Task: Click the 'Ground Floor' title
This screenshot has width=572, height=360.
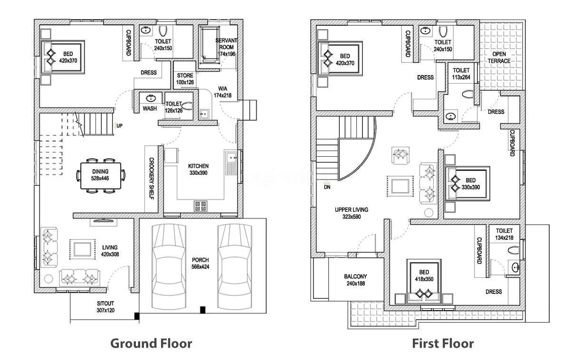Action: point(151,343)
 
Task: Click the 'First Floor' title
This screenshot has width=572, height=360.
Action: point(442,343)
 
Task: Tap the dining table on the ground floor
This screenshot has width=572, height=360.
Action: point(100,175)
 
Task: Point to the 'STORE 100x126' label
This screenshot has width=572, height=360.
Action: point(185,79)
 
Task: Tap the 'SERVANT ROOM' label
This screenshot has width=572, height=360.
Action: point(226,44)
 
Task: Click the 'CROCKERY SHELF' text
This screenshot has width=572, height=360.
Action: point(152,178)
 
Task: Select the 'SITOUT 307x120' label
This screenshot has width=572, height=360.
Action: point(106,307)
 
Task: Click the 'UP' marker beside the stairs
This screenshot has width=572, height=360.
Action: point(119,126)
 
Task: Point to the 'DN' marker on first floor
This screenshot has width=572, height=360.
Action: point(327,187)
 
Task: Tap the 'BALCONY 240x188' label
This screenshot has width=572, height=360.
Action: point(355,280)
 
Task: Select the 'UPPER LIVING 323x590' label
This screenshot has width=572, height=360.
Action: point(351,213)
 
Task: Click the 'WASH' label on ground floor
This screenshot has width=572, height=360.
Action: point(150,109)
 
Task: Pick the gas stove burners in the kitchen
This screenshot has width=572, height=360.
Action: point(200,206)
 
